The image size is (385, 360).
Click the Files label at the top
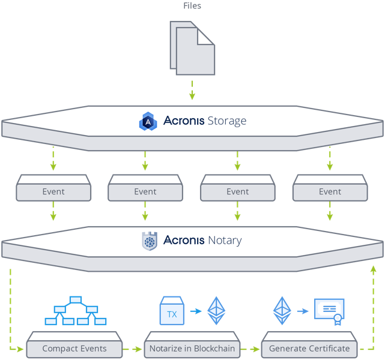pyautogui.click(x=192, y=5)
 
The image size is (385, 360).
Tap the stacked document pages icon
pyautogui.click(x=192, y=48)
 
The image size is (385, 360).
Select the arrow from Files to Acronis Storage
pyautogui.click(x=192, y=90)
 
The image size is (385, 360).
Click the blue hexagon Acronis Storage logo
pyautogui.click(x=148, y=121)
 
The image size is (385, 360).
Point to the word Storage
pyautogui.click(x=227, y=121)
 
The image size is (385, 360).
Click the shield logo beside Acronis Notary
pyautogui.click(x=150, y=241)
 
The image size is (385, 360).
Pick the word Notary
pyautogui.click(x=225, y=241)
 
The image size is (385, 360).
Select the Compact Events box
pyautogui.click(x=74, y=344)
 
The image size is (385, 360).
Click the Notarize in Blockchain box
pyautogui.click(x=192, y=344)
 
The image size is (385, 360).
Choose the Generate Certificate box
pyautogui.click(x=309, y=344)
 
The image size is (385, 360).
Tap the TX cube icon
pyautogui.click(x=172, y=311)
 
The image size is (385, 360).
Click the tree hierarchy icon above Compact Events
pyautogui.click(x=76, y=311)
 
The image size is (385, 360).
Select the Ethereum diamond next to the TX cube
pyautogui.click(x=216, y=311)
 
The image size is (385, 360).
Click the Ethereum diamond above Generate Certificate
pyautogui.click(x=282, y=311)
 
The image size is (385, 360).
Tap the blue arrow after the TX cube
pyautogui.click(x=196, y=311)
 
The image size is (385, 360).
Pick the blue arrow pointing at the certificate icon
pyautogui.click(x=303, y=311)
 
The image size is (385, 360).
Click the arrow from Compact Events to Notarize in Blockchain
pyautogui.click(x=132, y=349)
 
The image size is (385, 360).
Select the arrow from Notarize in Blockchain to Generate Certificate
pyautogui.click(x=250, y=349)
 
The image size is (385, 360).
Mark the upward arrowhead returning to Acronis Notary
pyautogui.click(x=374, y=269)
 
